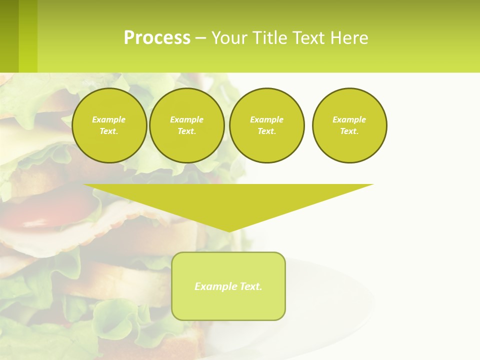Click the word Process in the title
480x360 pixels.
157,38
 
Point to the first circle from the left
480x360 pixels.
109,125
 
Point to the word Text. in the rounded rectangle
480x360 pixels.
250,286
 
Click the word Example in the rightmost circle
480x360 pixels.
349,119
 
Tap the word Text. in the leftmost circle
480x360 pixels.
109,131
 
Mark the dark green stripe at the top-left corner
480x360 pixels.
9,36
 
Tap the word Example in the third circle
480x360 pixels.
266,119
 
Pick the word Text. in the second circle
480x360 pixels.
186,131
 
